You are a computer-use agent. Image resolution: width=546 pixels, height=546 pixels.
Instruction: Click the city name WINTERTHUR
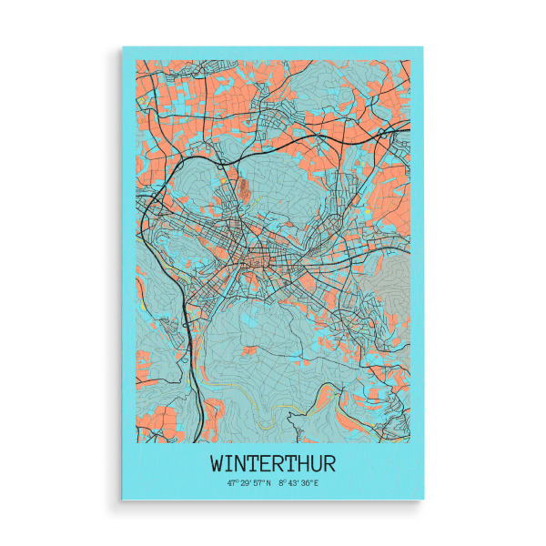click(272, 462)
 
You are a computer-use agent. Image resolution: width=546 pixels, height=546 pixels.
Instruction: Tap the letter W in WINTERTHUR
click(217, 462)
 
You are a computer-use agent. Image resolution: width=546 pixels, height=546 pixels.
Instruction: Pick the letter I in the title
click(229, 462)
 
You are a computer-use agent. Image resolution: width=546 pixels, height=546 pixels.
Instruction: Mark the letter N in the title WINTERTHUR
click(240, 462)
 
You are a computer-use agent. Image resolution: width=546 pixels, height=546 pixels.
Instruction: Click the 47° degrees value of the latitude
click(233, 483)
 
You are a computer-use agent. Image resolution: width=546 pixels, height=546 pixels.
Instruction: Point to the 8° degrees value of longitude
click(282, 483)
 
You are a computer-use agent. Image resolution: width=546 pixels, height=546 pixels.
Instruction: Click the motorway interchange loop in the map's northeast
click(388, 135)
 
